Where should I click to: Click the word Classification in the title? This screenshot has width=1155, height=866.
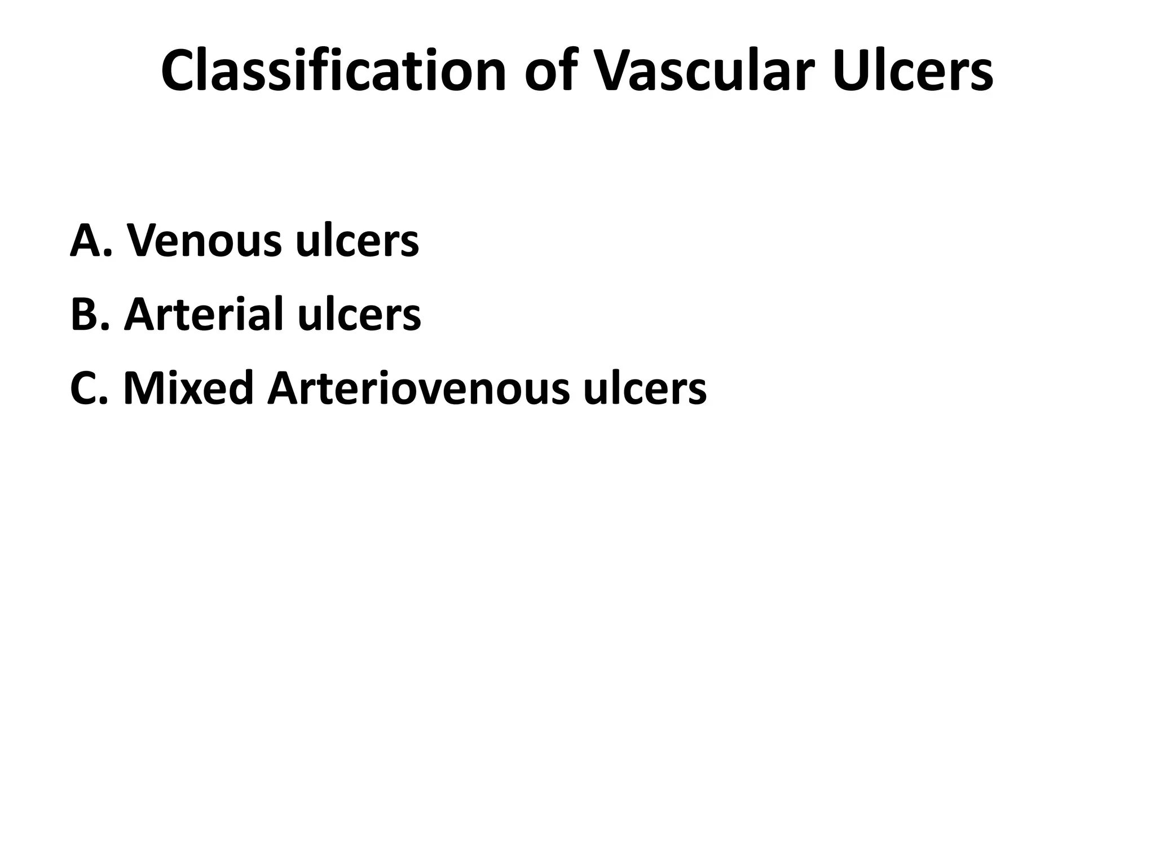(x=333, y=71)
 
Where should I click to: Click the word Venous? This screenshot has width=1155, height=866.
(x=204, y=241)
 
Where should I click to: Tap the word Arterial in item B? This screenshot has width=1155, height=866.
(x=203, y=314)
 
